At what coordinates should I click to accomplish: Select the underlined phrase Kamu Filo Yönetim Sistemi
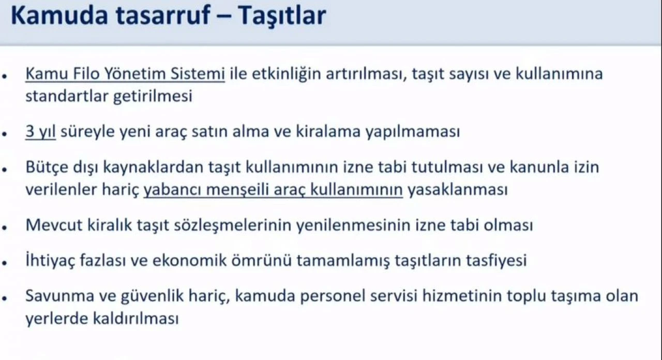[x=125, y=74]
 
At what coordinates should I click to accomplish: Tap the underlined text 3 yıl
[x=40, y=132]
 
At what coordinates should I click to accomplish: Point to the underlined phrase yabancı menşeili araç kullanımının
[x=273, y=190]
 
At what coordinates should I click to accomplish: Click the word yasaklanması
[x=458, y=190]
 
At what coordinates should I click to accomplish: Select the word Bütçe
[x=46, y=168]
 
